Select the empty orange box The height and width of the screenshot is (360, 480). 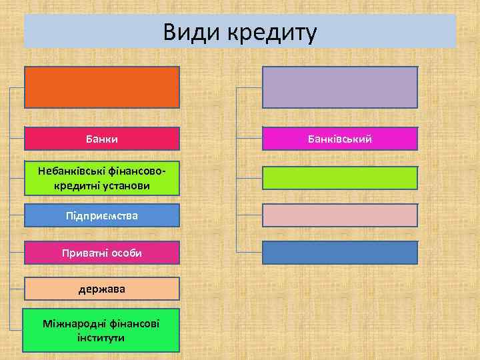point(102,87)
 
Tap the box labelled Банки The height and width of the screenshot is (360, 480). point(102,139)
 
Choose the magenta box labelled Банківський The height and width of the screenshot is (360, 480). point(340,139)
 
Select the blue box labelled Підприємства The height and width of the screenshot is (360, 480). point(102,216)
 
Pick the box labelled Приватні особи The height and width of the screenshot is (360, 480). point(102,253)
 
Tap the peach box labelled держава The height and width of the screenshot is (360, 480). point(102,289)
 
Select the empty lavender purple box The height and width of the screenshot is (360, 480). point(340,87)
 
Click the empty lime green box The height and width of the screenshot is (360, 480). point(340,178)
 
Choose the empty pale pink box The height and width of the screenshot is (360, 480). point(340,215)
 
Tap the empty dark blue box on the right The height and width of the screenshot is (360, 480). point(340,253)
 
